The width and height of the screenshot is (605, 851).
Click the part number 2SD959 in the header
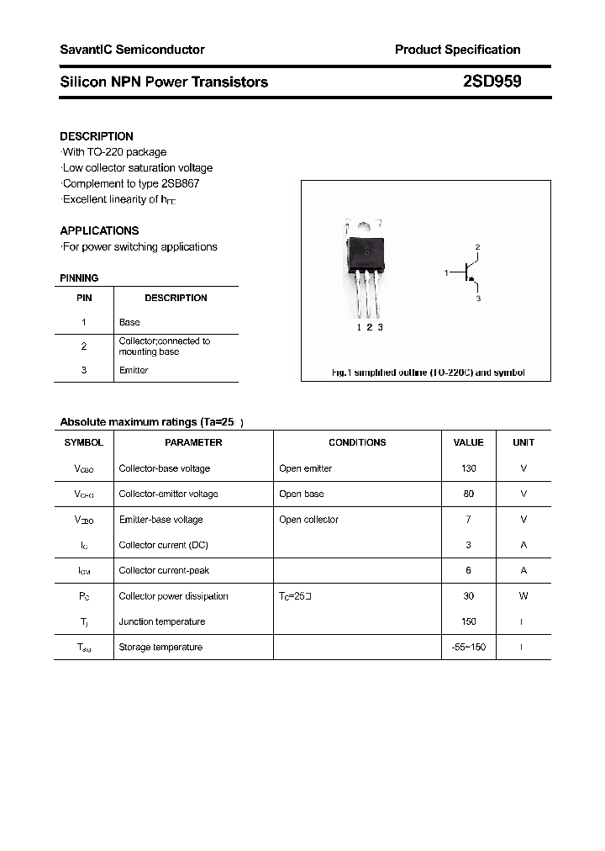[492, 82]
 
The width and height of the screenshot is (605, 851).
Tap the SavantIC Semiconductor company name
[132, 50]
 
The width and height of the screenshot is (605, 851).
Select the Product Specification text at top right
[457, 50]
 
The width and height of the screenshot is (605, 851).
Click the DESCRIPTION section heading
[97, 136]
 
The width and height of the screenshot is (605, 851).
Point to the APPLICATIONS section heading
[99, 230]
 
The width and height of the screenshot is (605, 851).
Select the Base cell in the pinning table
[129, 322]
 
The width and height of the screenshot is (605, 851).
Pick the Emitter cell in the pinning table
[134, 370]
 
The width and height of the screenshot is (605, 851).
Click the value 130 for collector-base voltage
[469, 468]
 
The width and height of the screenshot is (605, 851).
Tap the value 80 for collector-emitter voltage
[469, 494]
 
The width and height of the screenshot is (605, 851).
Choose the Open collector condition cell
[308, 520]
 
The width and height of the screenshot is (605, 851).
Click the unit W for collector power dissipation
[523, 596]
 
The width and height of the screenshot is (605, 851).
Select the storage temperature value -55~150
[469, 647]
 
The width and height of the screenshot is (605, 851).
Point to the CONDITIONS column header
[357, 442]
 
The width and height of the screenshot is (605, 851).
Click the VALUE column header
[469, 442]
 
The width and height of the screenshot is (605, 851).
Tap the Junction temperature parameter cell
[162, 621]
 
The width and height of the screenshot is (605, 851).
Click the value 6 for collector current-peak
[469, 570]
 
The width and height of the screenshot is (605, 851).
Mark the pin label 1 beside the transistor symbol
[446, 272]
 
